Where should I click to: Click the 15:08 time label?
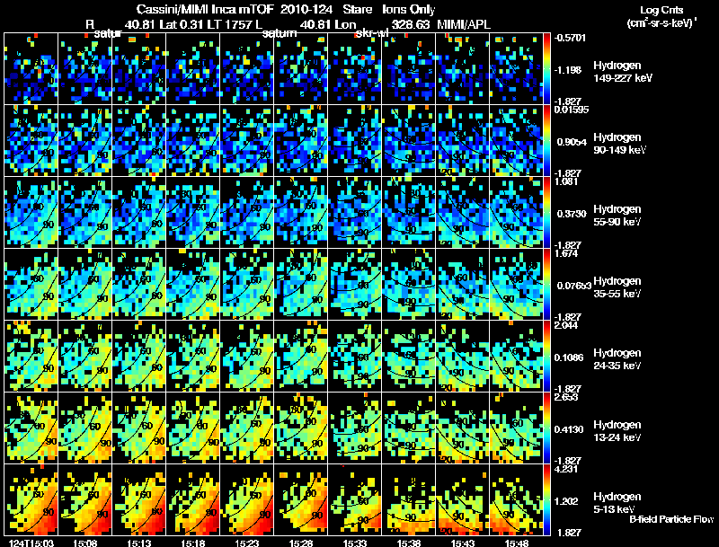(86, 542)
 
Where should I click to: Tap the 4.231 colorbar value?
(568, 468)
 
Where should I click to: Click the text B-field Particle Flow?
(671, 519)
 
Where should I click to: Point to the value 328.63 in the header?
(407, 23)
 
